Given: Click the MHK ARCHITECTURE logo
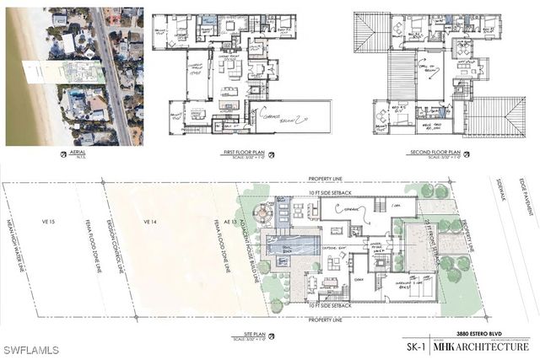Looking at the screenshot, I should [482, 346].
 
